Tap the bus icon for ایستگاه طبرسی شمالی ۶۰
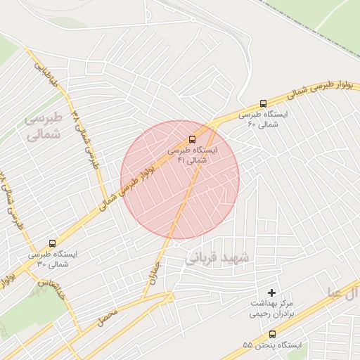263,103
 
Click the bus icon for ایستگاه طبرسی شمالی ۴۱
192,139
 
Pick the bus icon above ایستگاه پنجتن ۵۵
272,335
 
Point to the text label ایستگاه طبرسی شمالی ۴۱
192,155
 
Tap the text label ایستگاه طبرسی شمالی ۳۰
52,259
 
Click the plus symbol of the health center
272,292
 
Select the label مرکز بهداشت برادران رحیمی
272,309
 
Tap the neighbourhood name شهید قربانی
217,257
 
